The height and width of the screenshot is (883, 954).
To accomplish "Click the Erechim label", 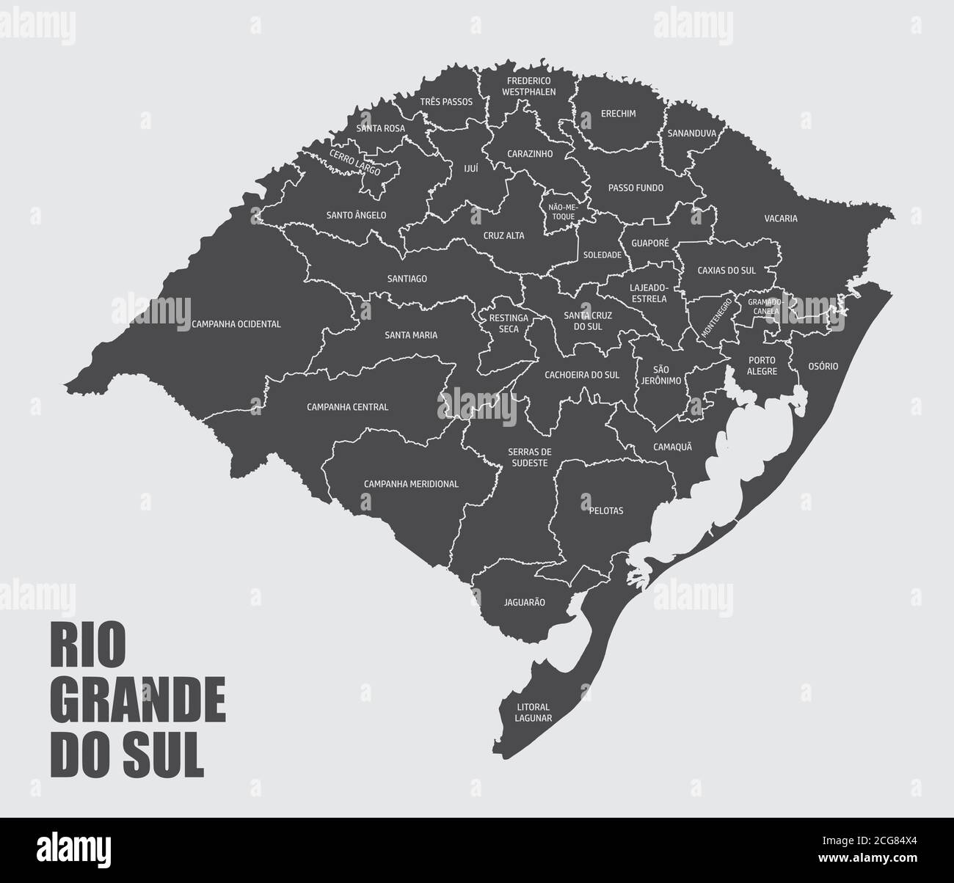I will click(618, 114).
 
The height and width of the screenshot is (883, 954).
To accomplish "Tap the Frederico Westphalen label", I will click(528, 87).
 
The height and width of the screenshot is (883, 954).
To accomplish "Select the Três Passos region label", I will click(447, 102).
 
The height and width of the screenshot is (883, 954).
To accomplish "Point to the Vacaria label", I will click(780, 219).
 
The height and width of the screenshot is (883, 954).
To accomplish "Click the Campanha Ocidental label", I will click(236, 323).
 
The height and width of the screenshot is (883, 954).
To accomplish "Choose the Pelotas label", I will click(605, 510).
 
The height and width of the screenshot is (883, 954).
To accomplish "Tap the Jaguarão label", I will click(524, 602).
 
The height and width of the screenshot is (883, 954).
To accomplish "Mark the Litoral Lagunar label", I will click(533, 713).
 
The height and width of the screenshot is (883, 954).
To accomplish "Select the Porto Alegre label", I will click(762, 365).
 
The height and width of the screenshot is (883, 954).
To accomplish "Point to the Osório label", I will click(823, 366).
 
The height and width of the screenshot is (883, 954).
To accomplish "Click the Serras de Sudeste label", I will click(528, 457).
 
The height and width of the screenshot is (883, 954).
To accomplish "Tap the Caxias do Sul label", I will click(727, 270).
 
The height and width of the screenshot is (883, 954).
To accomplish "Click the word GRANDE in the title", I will click(138, 703).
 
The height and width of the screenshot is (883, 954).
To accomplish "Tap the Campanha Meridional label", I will click(411, 484).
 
